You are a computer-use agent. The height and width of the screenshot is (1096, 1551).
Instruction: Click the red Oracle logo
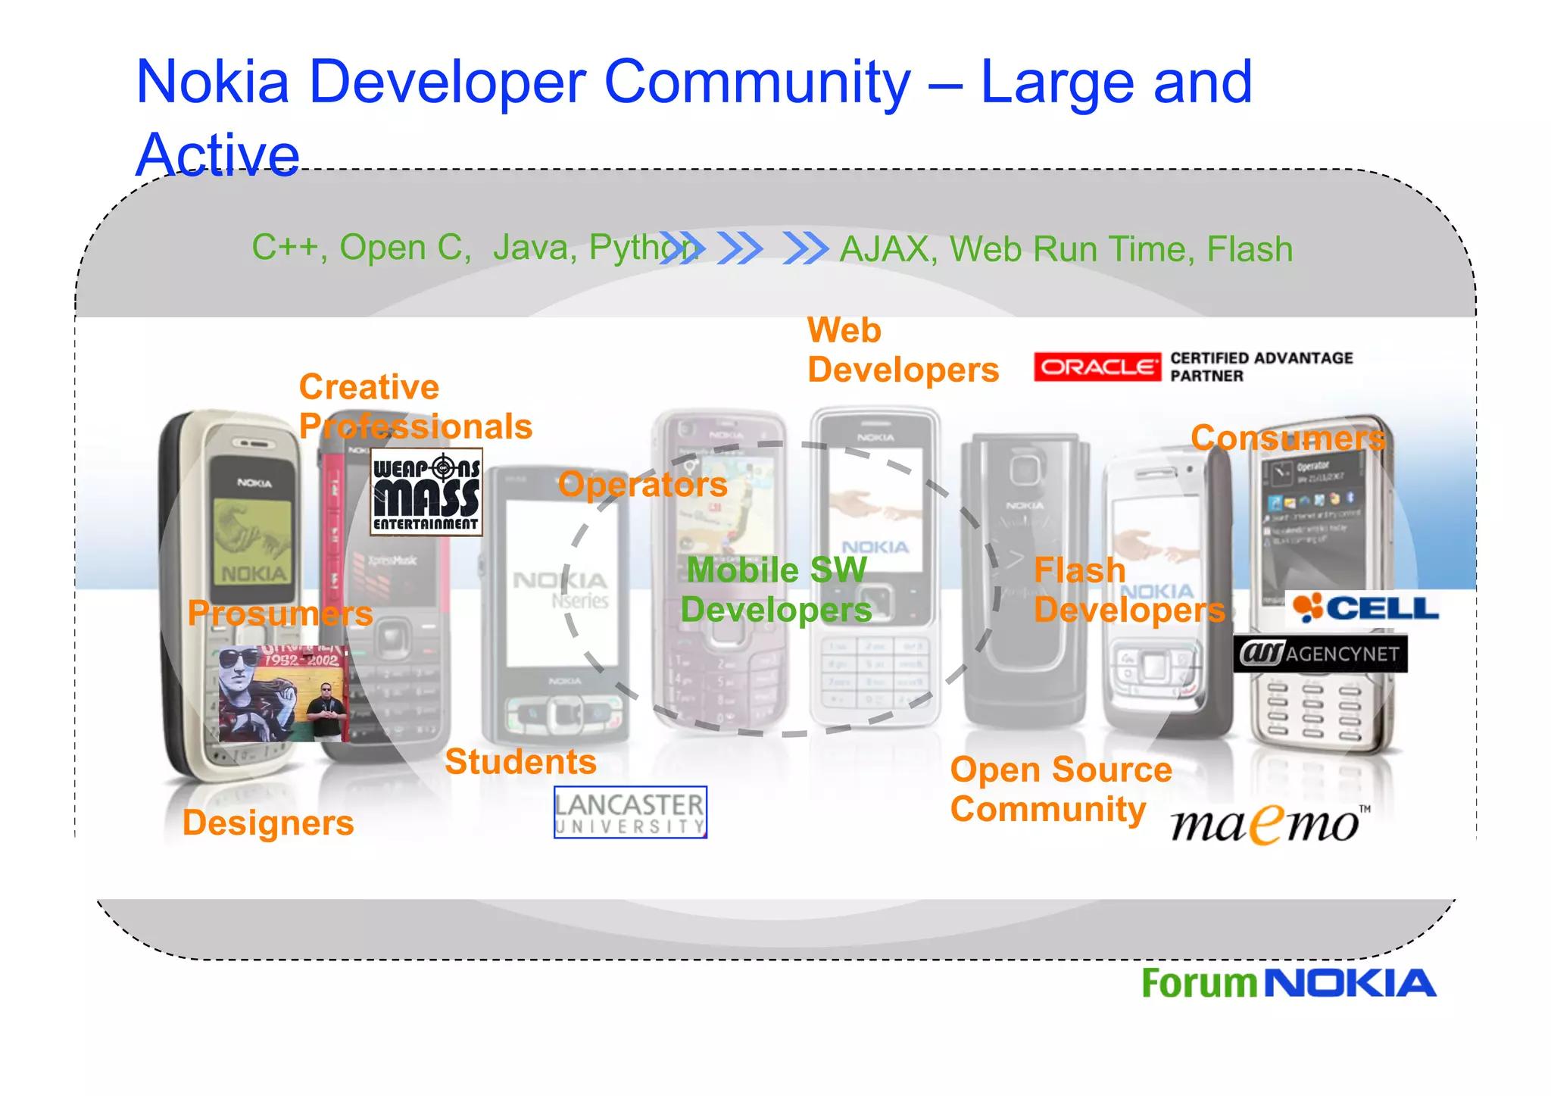pos(1097,367)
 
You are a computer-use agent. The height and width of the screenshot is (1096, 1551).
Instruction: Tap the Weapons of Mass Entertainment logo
pos(426,492)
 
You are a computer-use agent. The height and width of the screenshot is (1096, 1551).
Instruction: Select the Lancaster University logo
pos(630,813)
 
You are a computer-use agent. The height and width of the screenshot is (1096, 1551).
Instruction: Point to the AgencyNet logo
pos(1320,654)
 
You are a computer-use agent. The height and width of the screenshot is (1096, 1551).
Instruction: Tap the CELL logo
pos(1365,608)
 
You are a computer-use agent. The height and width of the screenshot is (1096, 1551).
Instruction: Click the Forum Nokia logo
pos(1288,983)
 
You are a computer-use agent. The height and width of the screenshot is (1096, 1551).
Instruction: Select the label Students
pos(520,762)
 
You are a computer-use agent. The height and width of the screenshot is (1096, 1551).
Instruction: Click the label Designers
pos(268,823)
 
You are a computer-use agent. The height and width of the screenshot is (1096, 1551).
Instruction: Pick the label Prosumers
pos(280,613)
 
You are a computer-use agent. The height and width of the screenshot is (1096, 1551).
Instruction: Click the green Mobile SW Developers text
pos(775,590)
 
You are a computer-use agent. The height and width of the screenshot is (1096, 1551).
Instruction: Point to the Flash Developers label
pos(1128,590)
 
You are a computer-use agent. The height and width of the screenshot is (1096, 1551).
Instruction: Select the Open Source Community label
pos(1060,789)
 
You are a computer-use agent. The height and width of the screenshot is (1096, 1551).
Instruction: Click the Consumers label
pos(1287,438)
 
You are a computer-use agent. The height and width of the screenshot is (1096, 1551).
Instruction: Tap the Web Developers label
pos(901,351)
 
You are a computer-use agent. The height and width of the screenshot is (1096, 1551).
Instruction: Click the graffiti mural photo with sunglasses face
pos(283,693)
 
